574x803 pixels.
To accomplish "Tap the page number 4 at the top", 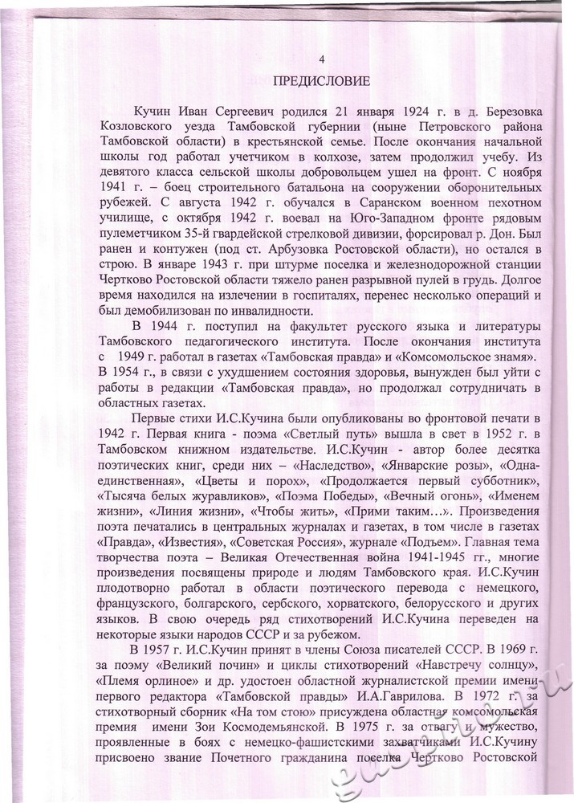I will [x=322, y=60].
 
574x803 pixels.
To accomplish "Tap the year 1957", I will [x=163, y=687].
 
